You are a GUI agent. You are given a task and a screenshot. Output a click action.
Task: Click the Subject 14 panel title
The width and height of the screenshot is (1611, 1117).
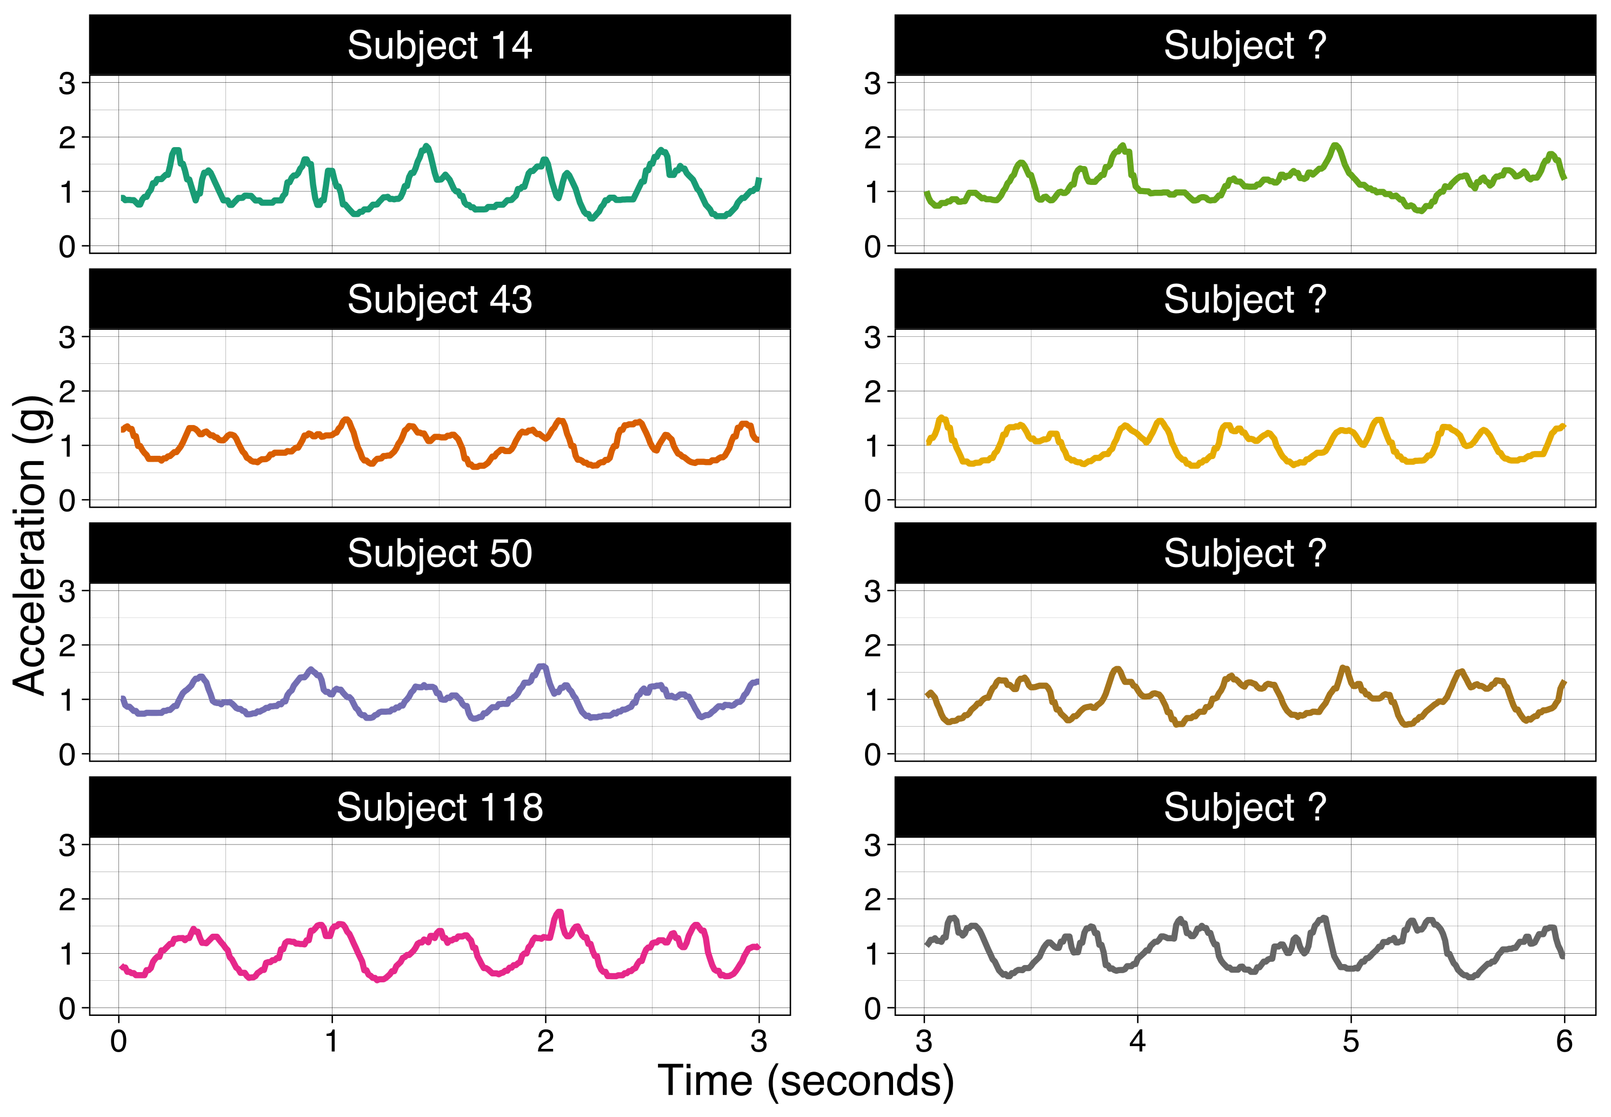(x=440, y=45)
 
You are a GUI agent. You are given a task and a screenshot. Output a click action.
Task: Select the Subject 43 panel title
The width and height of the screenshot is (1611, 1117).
(x=440, y=300)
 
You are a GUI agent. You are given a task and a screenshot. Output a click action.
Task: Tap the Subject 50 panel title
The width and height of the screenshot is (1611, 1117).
(x=440, y=554)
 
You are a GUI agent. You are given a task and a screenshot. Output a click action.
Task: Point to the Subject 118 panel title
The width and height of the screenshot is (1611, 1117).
(x=440, y=808)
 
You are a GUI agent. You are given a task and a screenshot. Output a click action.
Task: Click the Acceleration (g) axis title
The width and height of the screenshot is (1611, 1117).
(x=29, y=546)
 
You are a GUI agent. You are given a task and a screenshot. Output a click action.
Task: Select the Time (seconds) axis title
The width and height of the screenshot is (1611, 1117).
(x=805, y=1081)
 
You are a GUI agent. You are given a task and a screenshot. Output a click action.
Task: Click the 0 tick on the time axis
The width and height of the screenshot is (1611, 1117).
(x=119, y=1042)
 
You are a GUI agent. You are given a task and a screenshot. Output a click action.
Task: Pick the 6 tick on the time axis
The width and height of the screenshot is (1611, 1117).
(x=1564, y=1042)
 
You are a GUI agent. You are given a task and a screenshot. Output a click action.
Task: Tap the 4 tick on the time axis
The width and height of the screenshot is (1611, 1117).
(x=1137, y=1042)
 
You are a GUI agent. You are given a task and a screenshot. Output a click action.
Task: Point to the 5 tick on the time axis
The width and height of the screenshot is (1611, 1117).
(x=1350, y=1042)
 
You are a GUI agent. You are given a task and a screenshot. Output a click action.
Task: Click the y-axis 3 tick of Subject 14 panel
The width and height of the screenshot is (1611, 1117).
(x=67, y=84)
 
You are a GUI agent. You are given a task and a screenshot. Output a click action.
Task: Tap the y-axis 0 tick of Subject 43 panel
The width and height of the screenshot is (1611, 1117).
(x=67, y=501)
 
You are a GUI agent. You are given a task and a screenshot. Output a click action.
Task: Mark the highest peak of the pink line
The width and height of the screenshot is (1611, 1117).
(x=558, y=912)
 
